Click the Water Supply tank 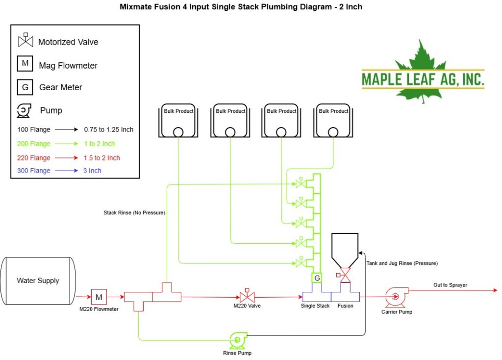pyautogui.click(x=38, y=281)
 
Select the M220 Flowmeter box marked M pyautogui.click(x=99, y=297)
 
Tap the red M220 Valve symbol pyautogui.click(x=247, y=295)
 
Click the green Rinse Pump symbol pyautogui.click(x=238, y=340)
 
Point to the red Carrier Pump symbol pyautogui.click(x=396, y=297)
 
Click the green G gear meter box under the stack pyautogui.click(x=317, y=278)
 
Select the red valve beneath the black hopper pyautogui.click(x=344, y=275)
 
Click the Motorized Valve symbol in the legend pyautogui.click(x=25, y=40)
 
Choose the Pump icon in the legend pyautogui.click(x=24, y=110)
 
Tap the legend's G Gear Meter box pyautogui.click(x=25, y=87)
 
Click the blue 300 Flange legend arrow pyautogui.click(x=66, y=171)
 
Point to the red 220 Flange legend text pyautogui.click(x=34, y=158)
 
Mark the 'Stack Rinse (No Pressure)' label pyautogui.click(x=134, y=213)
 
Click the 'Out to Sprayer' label pyautogui.click(x=450, y=285)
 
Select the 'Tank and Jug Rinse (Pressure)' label pyautogui.click(x=402, y=263)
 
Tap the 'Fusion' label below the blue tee pyautogui.click(x=346, y=306)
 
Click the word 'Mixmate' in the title pyautogui.click(x=134, y=7)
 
